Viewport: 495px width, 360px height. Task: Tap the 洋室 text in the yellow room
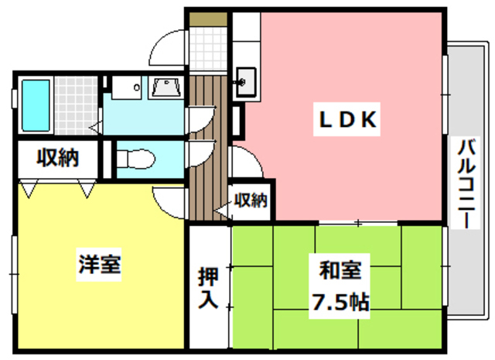[x=99, y=265]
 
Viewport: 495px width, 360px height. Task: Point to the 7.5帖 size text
[x=340, y=301]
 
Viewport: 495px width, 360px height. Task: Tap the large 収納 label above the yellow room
[x=58, y=160]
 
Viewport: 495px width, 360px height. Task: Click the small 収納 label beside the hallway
[x=251, y=201]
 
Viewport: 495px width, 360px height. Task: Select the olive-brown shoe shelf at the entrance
[x=207, y=17]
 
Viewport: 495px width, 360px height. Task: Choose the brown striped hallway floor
[x=207, y=147]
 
